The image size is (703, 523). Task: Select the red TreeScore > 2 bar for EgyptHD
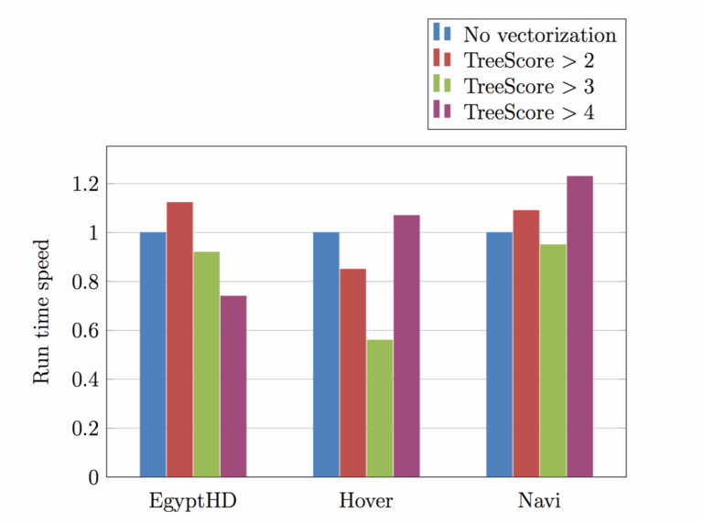click(x=179, y=339)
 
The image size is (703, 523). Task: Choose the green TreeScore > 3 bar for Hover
click(x=380, y=408)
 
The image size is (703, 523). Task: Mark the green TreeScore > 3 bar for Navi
click(x=553, y=360)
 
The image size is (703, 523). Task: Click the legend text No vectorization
click(x=539, y=35)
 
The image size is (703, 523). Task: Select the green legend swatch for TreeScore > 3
click(x=442, y=87)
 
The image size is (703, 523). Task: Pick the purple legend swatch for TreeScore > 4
click(x=442, y=112)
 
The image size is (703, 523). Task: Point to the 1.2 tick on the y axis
click(x=85, y=184)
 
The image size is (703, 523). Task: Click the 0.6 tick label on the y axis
click(x=85, y=330)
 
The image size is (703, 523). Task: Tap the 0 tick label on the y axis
click(x=92, y=477)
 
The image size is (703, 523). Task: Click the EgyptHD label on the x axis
click(x=192, y=502)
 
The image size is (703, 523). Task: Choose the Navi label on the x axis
click(x=539, y=502)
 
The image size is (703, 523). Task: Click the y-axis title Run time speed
click(x=42, y=312)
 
